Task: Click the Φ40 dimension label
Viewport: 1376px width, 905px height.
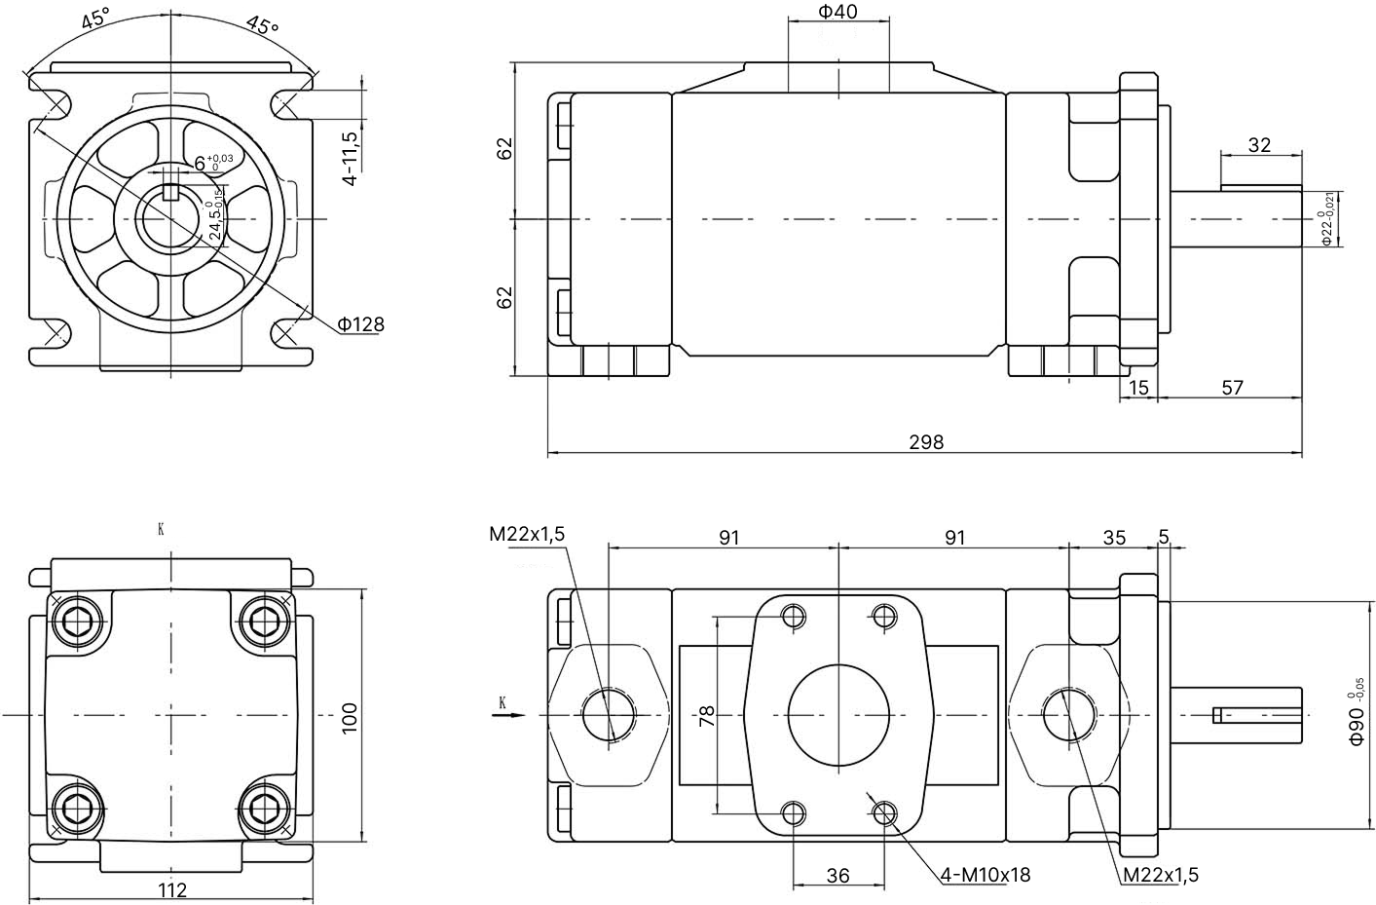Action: tap(837, 12)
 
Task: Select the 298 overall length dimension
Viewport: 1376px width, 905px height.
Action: tap(925, 442)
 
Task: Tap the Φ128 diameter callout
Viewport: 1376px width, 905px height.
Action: tap(361, 324)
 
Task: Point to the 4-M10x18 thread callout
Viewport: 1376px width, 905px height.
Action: tap(986, 875)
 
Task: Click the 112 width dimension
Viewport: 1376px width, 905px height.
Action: tap(171, 889)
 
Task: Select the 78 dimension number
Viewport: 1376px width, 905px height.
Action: tap(708, 716)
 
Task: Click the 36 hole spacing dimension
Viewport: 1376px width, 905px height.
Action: tap(837, 876)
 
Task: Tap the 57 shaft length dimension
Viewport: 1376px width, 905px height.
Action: tap(1232, 388)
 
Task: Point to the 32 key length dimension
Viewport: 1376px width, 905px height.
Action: tap(1259, 145)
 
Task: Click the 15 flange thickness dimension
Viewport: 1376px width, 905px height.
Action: tap(1138, 388)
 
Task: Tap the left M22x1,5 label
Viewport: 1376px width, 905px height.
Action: tap(527, 533)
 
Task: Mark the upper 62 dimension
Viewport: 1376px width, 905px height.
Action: tap(504, 149)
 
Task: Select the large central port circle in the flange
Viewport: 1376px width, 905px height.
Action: tap(838, 716)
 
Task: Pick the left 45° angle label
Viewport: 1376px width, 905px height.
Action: tap(95, 20)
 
